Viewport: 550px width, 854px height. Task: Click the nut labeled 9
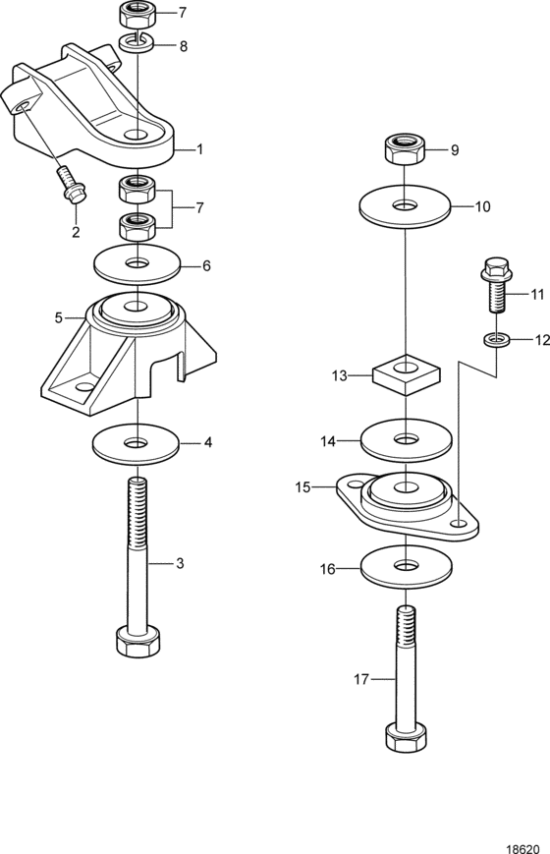coord(405,149)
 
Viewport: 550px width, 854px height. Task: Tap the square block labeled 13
coord(407,373)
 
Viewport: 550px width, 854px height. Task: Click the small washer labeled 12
coord(497,340)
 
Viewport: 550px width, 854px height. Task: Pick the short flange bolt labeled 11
coord(496,285)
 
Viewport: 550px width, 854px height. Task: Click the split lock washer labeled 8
coord(137,42)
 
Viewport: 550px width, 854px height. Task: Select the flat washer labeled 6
coord(137,264)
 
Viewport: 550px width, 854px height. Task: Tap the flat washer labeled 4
coord(137,444)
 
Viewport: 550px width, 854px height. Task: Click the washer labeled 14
coord(407,439)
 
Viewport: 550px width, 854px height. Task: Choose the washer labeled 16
coord(407,566)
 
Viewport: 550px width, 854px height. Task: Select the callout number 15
coord(302,486)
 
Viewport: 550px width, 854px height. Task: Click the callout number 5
coord(59,317)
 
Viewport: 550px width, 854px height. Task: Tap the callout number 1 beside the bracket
coord(199,148)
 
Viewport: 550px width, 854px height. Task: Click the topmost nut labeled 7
coord(137,15)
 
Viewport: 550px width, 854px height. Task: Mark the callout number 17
coord(361,679)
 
